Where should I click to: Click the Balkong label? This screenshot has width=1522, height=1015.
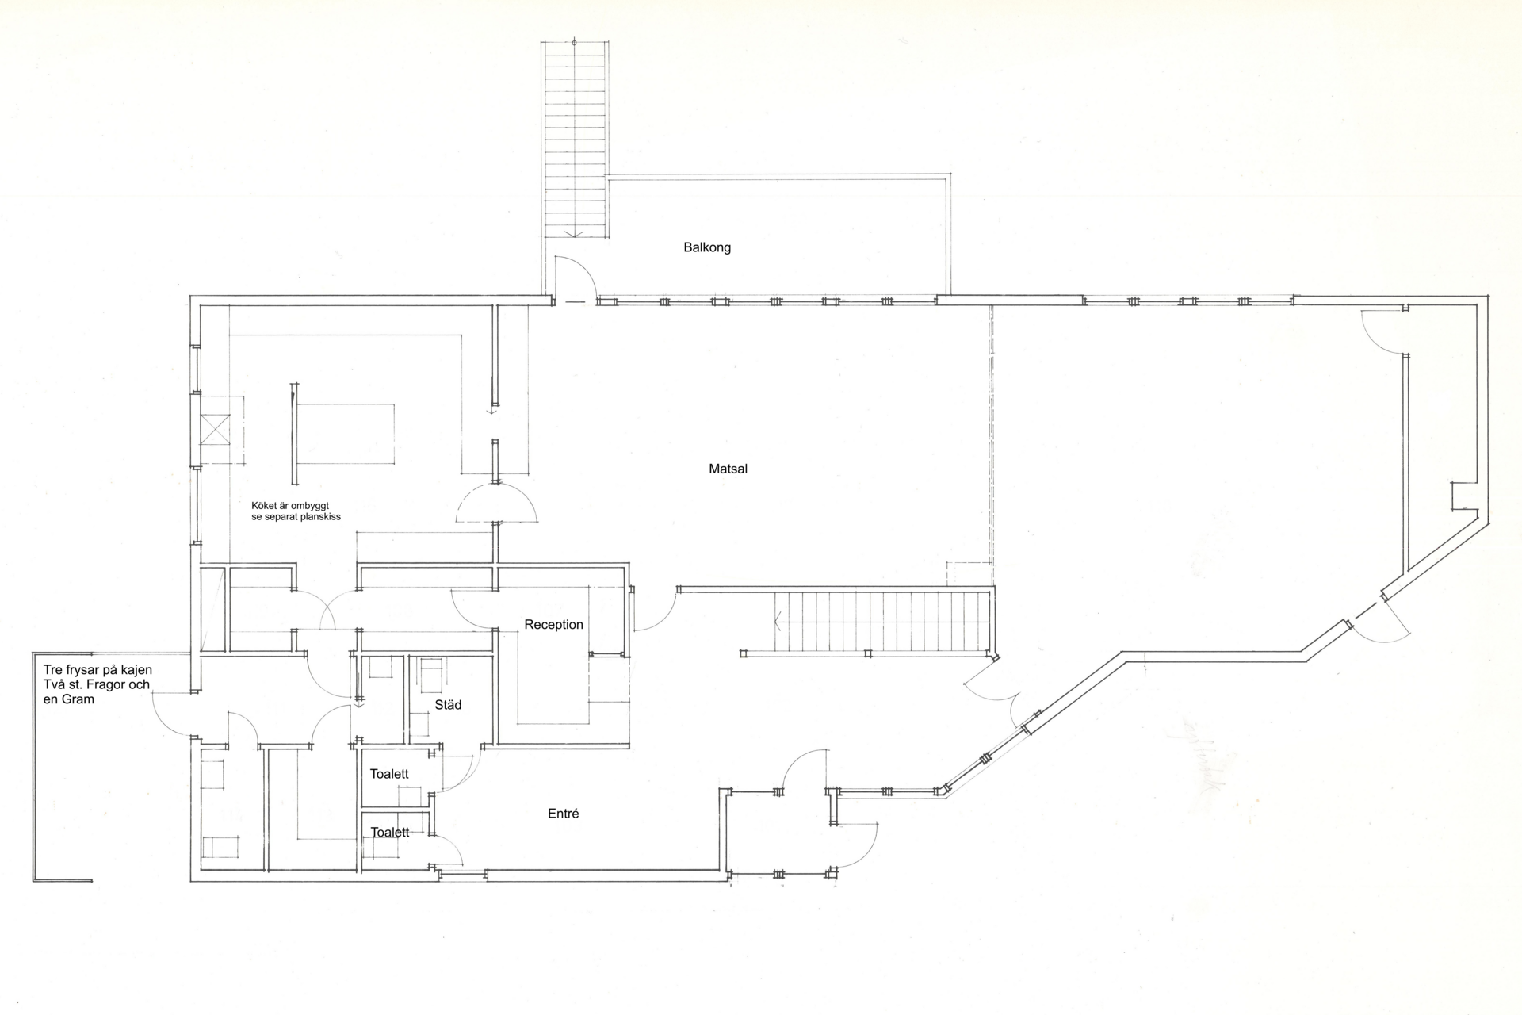pyautogui.click(x=707, y=247)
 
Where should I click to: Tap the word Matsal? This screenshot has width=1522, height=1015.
pyautogui.click(x=728, y=469)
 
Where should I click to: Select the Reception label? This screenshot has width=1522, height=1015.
pyautogui.click(x=553, y=625)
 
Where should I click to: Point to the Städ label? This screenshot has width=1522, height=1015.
pyautogui.click(x=448, y=704)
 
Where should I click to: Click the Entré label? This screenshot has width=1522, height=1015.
pyautogui.click(x=563, y=814)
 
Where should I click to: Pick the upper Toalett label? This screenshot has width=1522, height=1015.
pyautogui.click(x=389, y=774)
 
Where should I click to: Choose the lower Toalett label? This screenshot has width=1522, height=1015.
pyautogui.click(x=390, y=833)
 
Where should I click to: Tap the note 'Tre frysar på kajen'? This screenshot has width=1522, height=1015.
pyautogui.click(x=98, y=671)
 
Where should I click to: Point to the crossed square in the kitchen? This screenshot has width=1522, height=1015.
pyautogui.click(x=215, y=429)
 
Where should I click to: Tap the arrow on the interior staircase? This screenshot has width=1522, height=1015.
pyautogui.click(x=779, y=622)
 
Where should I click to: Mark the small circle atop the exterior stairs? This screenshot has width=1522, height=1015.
pyautogui.click(x=574, y=42)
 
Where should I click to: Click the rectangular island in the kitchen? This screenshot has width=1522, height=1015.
pyautogui.click(x=346, y=434)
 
